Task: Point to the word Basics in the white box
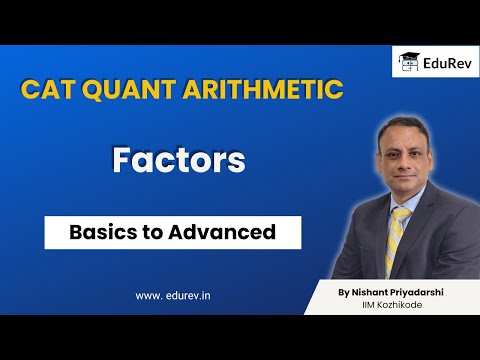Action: pyautogui.click(x=102, y=233)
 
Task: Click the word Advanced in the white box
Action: pyautogui.click(x=228, y=233)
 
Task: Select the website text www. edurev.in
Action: pyautogui.click(x=180, y=294)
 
